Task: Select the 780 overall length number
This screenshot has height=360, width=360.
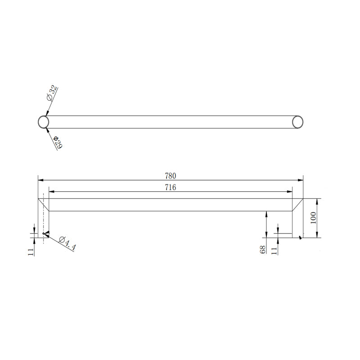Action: (170, 175)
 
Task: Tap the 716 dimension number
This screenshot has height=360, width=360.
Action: (170, 188)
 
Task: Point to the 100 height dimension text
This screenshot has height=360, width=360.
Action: (314, 218)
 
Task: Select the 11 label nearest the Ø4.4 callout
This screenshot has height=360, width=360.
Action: (31, 251)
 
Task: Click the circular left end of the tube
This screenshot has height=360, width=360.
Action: (43, 122)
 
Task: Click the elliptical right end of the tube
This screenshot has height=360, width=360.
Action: (297, 122)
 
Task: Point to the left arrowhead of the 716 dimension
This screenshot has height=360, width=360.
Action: (51, 192)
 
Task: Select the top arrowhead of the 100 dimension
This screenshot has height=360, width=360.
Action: (318, 201)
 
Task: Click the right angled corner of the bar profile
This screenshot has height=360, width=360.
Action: (297, 205)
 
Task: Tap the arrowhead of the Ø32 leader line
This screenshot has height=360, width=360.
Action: (46, 113)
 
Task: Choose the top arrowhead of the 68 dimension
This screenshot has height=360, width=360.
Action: (267, 213)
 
